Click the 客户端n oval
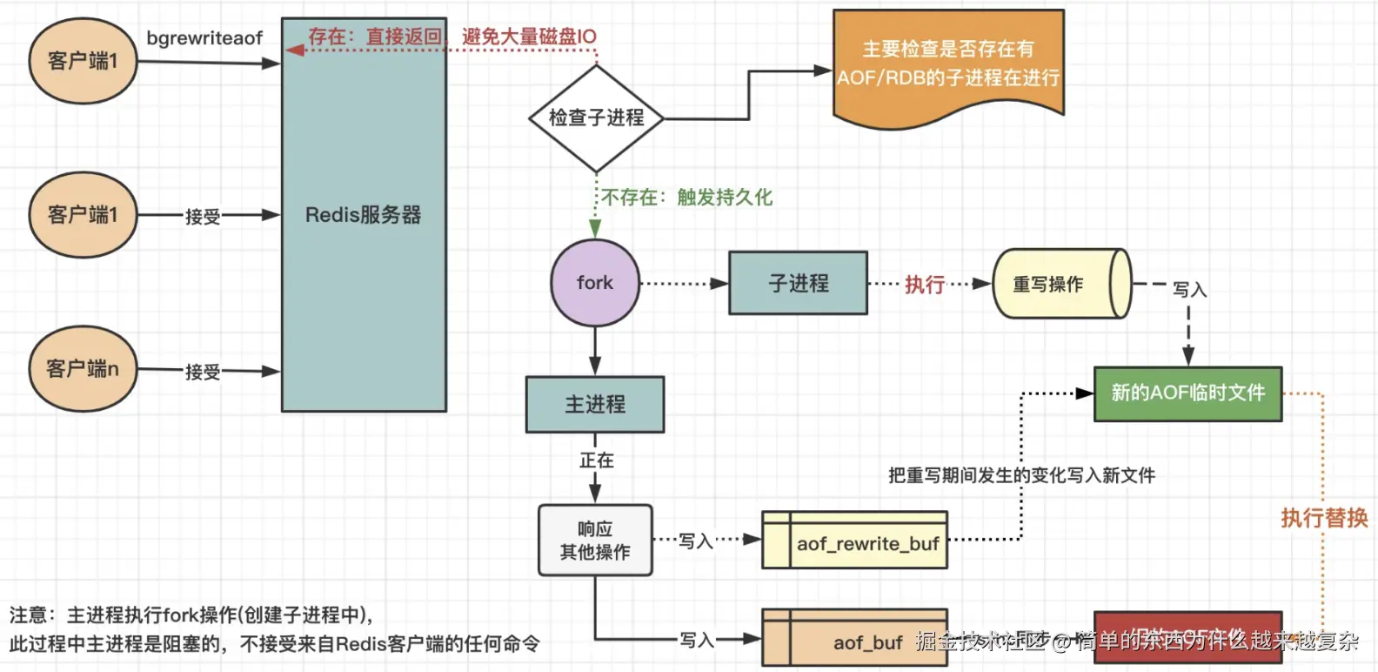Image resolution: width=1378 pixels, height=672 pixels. [x=83, y=369]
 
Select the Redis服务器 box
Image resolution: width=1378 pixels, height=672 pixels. [x=364, y=215]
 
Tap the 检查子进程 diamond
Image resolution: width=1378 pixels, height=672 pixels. [x=596, y=118]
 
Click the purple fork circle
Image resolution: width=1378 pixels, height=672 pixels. [x=595, y=283]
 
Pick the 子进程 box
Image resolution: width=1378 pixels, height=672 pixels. [x=798, y=283]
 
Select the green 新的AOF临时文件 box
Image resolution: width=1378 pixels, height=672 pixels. [x=1187, y=393]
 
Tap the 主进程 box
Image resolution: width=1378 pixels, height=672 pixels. [x=595, y=405]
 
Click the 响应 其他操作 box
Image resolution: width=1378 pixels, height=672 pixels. [x=595, y=541]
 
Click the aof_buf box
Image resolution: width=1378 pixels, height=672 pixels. [x=855, y=641]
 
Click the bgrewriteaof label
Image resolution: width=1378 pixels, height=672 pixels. [x=204, y=38]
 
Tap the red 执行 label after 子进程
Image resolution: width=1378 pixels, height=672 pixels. [x=925, y=285]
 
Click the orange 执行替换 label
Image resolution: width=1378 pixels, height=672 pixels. [x=1324, y=518]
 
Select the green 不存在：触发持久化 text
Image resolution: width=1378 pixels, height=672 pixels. [x=687, y=198]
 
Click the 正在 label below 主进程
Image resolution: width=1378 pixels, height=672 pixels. [x=597, y=460]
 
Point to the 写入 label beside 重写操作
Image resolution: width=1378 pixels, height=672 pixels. [x=1189, y=290]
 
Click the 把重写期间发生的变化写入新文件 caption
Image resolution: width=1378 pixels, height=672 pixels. [x=1021, y=475]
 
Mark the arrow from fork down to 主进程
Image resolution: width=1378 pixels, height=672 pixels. [x=595, y=352]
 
